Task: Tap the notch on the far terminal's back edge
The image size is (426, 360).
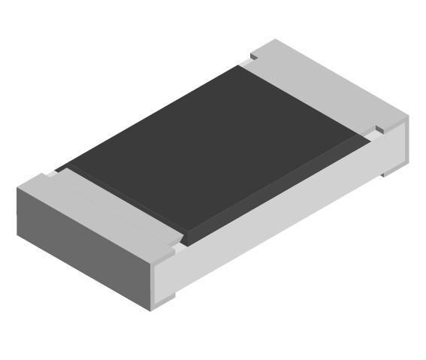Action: [252, 55]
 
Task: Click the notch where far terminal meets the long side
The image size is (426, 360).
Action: [379, 129]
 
